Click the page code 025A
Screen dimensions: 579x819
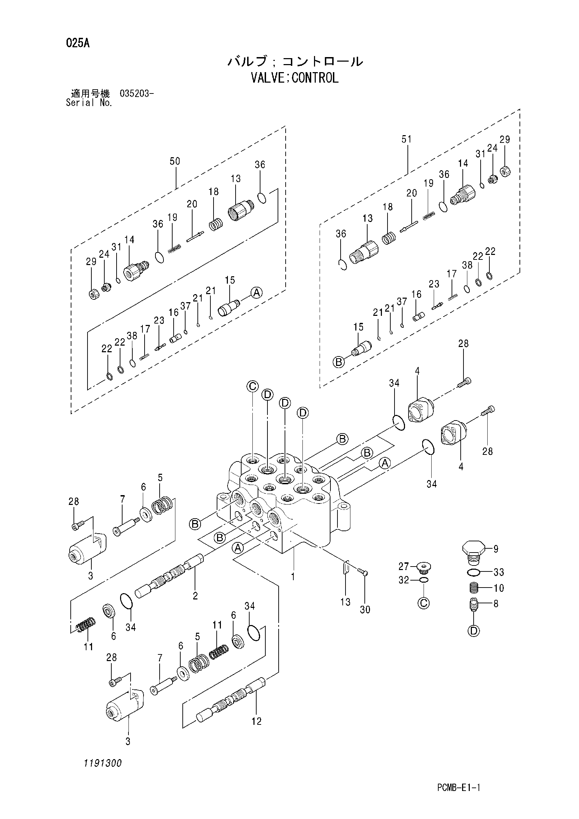78,43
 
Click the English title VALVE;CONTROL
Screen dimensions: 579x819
295,78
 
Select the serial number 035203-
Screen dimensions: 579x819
137,94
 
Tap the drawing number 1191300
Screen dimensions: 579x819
103,763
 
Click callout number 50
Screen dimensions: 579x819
175,161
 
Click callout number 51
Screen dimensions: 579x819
406,139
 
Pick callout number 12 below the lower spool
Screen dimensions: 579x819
256,721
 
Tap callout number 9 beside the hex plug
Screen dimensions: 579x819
496,549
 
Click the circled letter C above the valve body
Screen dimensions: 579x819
252,386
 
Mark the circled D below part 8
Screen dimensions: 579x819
474,631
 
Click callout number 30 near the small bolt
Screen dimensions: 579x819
365,610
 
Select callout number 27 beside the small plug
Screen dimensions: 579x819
404,566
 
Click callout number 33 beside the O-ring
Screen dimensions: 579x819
498,572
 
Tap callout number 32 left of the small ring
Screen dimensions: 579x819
404,580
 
